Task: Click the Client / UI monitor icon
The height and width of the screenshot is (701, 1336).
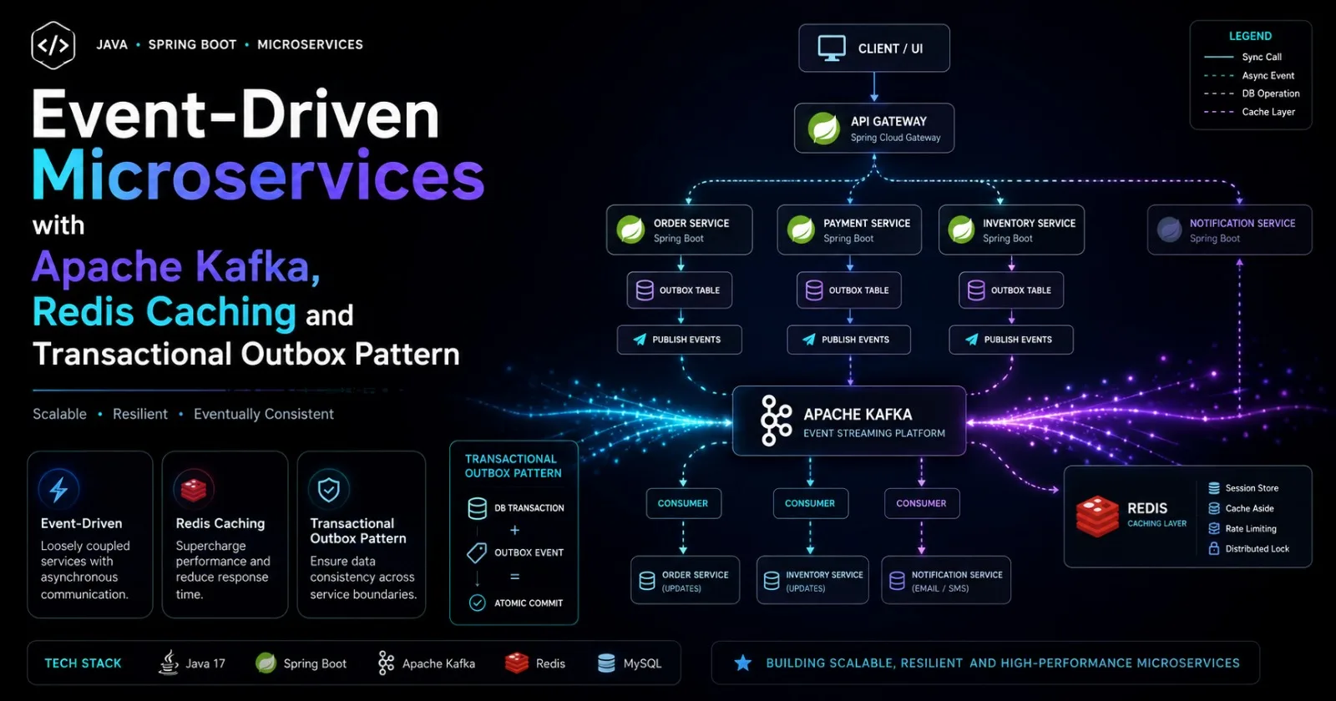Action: [x=832, y=48]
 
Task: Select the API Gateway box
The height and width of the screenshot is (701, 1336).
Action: [x=873, y=129]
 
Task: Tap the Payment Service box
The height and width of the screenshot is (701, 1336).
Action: [x=848, y=230]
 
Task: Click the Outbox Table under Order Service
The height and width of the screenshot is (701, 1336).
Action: [x=680, y=290]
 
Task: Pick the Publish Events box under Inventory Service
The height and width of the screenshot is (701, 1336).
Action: [x=1011, y=340]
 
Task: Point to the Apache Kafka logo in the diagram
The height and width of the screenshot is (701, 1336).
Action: [x=776, y=421]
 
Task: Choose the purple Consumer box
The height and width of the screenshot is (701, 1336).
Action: [x=922, y=504]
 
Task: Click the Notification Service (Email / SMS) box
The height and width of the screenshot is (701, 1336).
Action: [x=946, y=581]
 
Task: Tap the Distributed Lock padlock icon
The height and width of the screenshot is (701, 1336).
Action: [x=1214, y=548]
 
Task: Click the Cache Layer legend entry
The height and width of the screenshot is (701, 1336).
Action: [x=1249, y=112]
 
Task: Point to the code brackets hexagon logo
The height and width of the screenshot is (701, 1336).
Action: [x=53, y=45]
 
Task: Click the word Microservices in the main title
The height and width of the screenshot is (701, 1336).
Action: [x=258, y=175]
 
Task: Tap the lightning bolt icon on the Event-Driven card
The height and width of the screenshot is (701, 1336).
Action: [x=58, y=490]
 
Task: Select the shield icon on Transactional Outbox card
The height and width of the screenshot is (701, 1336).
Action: [x=329, y=490]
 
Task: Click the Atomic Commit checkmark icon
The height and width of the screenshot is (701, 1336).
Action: [x=477, y=603]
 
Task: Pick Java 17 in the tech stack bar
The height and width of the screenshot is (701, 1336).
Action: [x=191, y=663]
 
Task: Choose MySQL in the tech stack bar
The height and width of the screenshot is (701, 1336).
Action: [x=630, y=663]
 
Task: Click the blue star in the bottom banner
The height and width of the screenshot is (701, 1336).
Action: [x=743, y=663]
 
